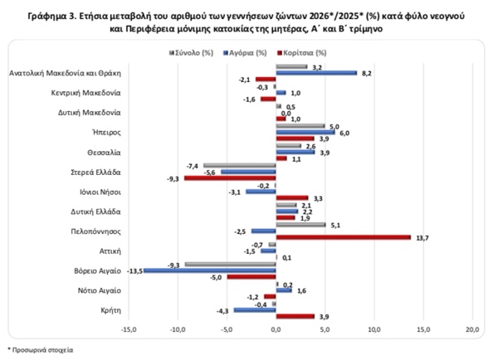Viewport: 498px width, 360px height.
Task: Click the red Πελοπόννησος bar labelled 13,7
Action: [344, 237]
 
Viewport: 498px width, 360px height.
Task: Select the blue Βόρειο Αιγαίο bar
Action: [210, 270]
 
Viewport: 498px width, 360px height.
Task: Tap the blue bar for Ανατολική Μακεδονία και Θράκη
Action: [316, 73]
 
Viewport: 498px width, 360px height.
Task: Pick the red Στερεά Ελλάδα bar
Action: [230, 178]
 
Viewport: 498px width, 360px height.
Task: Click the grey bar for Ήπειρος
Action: [300, 126]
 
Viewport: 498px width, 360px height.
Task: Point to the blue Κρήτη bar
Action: [255, 310]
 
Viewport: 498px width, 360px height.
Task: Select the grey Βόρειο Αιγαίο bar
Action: [230, 264]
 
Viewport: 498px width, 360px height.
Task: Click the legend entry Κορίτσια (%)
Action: [302, 53]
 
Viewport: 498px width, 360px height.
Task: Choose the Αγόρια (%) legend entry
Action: [245, 53]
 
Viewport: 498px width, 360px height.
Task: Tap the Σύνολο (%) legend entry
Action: [191, 53]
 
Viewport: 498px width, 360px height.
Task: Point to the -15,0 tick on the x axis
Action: [129, 330]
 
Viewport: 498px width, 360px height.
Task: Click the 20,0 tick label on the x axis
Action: [472, 330]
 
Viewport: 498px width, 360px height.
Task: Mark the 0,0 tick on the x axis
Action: [276, 330]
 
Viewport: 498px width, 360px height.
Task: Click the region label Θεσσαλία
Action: [105, 153]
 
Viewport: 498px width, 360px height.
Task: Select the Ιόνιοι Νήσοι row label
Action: [100, 192]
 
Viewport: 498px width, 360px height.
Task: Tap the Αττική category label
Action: [110, 251]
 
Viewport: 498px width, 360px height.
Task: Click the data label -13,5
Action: [134, 271]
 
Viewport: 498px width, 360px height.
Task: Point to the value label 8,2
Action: [367, 73]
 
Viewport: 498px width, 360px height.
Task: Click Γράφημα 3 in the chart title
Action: [51, 16]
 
